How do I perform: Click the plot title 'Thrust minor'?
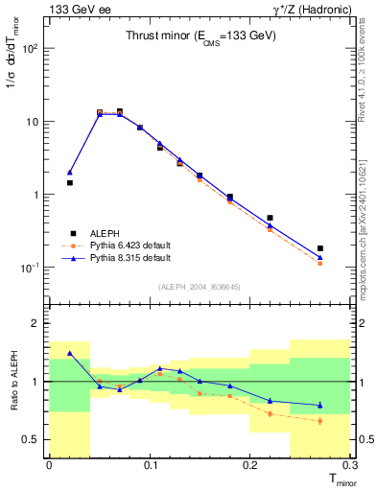201,36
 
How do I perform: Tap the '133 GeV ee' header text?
77,9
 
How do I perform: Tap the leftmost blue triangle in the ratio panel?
70,353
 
